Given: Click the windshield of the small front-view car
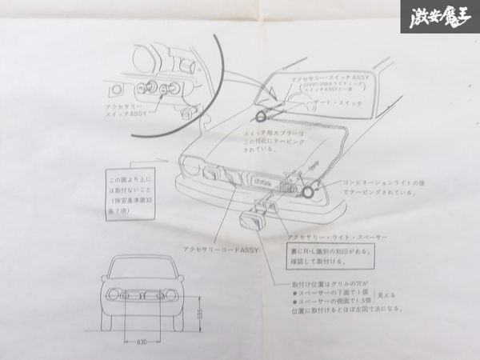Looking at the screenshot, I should pyautogui.click(x=142, y=268).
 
